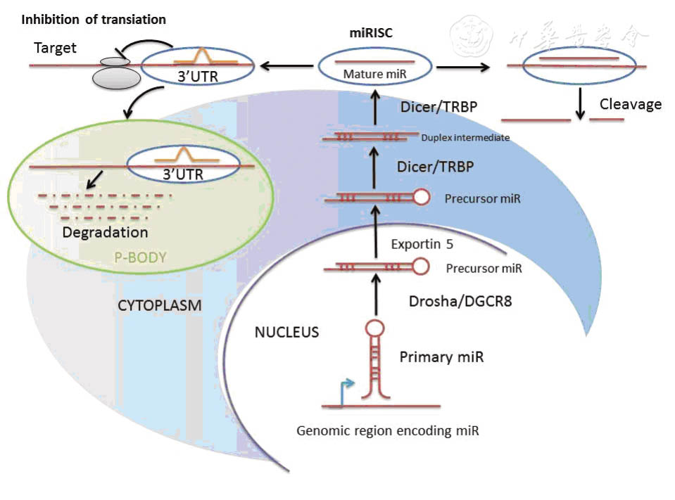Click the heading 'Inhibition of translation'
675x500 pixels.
pos(94,20)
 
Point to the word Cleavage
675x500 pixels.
pos(630,105)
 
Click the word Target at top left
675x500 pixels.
pos(55,49)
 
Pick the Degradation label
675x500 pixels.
pos(105,232)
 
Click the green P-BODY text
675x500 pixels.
pos(139,257)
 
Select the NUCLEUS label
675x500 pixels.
pos(286,332)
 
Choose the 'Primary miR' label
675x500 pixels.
pos(441,357)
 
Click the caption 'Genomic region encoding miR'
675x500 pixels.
pos(388,430)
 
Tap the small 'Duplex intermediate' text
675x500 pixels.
pos(465,138)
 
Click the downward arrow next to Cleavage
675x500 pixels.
pos(581,105)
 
